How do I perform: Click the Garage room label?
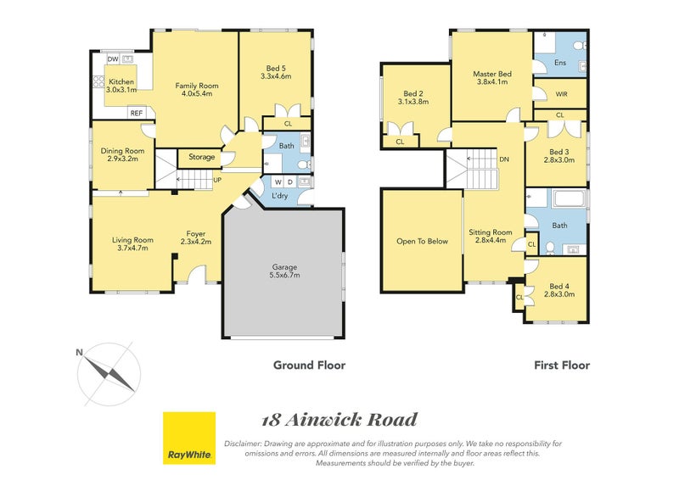(x=284, y=266)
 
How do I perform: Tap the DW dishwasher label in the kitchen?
(x=112, y=59)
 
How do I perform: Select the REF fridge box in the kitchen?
(x=136, y=113)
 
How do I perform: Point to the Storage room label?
(x=202, y=158)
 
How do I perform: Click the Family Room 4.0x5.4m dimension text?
(x=197, y=94)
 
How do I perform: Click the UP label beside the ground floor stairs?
(x=217, y=181)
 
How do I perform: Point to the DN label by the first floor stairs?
(x=503, y=159)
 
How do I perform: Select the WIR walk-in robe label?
(x=561, y=94)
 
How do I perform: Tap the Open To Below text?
(x=422, y=241)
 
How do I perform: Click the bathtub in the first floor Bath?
(x=569, y=201)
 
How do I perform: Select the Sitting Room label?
(x=491, y=232)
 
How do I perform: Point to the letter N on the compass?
(x=79, y=352)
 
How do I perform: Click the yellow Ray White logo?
(x=188, y=438)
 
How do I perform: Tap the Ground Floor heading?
(x=309, y=366)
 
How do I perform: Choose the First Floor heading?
(x=561, y=366)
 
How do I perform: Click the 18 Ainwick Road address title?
(x=339, y=420)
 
